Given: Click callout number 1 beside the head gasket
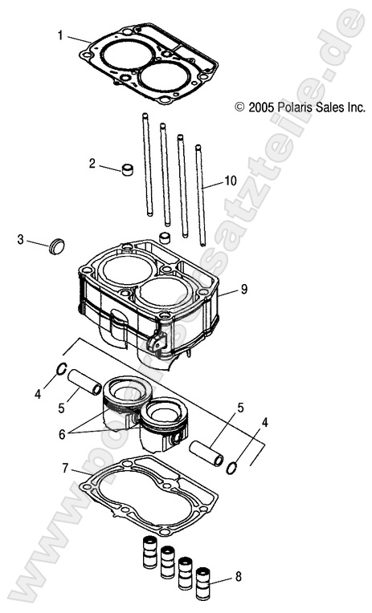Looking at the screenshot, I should coord(60,35).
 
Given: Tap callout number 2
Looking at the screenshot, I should coord(92,164).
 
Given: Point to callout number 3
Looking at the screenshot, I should coord(22,239).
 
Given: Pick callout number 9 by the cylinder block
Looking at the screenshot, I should coord(244,288).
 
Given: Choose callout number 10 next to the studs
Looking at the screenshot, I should coord(231,182).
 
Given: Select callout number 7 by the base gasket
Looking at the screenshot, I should coord(65,467).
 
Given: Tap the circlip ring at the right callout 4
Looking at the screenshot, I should coord(232,467).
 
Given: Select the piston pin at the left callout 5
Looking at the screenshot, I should coord(84,381).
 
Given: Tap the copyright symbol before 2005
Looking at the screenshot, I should coord(239,106).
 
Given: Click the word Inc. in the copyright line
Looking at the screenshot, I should coord(354,106).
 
